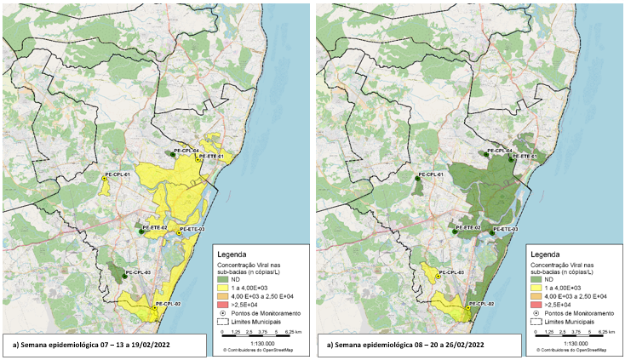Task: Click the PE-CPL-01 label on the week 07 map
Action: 116,174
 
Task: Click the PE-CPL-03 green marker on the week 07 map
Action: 123,275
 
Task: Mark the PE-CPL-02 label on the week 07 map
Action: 167,304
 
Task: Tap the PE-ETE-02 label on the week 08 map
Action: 468,228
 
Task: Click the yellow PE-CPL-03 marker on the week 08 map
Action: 437,277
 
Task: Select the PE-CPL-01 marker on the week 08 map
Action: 418,178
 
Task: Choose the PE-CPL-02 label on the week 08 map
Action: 482,304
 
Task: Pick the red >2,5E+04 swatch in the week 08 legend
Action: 536,304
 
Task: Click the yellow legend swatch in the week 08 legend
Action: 536,288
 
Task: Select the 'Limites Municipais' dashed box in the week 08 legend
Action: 536,322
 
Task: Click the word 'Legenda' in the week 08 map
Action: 548,254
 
